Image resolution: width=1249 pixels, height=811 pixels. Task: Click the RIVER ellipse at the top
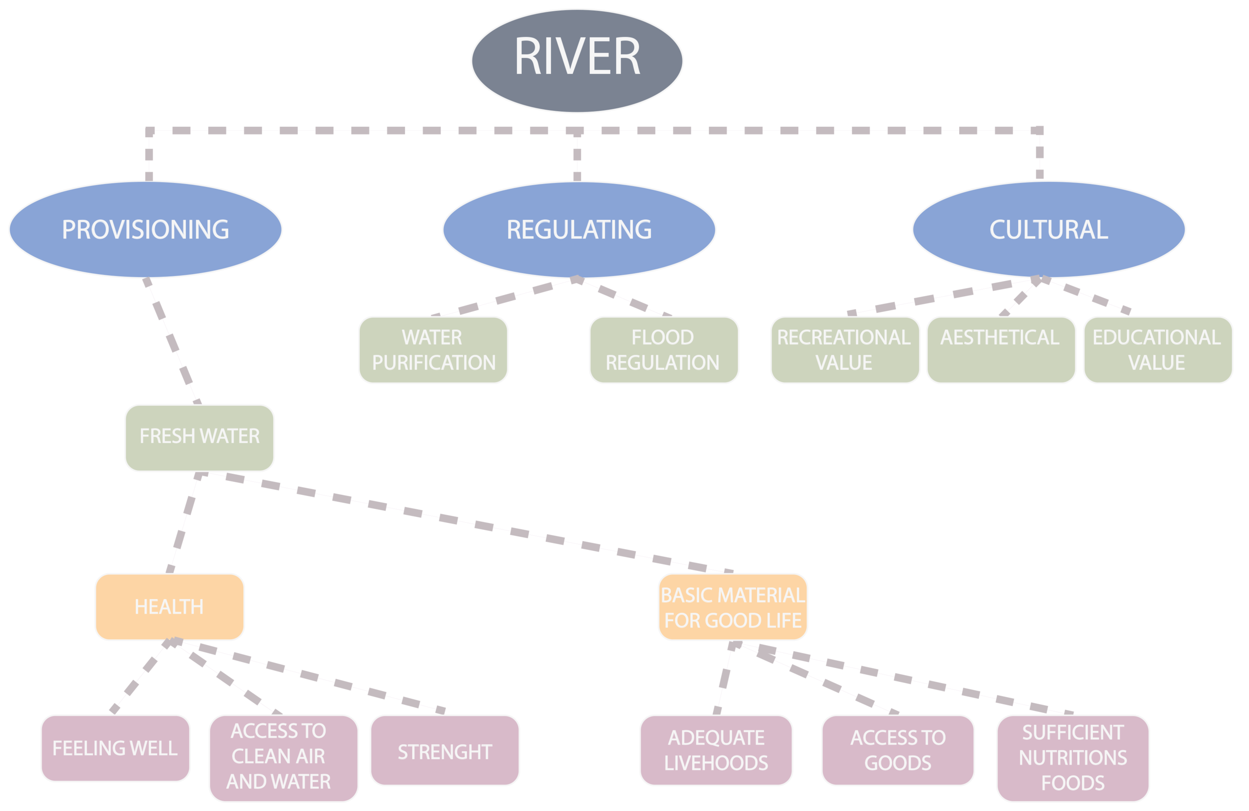pyautogui.click(x=577, y=61)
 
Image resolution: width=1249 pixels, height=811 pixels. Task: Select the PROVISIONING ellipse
pyautogui.click(x=145, y=229)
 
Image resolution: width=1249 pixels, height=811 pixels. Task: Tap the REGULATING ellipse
pyautogui.click(x=579, y=229)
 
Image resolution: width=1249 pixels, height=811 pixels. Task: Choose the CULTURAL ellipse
pyautogui.click(x=1048, y=229)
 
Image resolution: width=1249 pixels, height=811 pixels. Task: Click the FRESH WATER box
pyautogui.click(x=200, y=438)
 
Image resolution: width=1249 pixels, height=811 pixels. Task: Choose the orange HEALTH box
pyautogui.click(x=169, y=607)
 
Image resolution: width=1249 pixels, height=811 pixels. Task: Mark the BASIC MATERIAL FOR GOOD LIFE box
pyautogui.click(x=733, y=607)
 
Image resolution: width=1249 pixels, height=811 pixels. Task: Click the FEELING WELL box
pyautogui.click(x=116, y=748)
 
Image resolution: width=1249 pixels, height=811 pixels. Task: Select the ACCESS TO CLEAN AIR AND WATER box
pyautogui.click(x=283, y=758)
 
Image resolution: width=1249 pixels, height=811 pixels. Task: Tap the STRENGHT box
pyautogui.click(x=444, y=750)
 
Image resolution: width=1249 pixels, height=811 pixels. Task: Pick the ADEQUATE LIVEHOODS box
pyautogui.click(x=716, y=750)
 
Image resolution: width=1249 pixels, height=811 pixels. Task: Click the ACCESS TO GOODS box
pyautogui.click(x=898, y=750)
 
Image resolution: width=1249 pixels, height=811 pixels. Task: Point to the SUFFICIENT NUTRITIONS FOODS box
pyautogui.click(x=1073, y=758)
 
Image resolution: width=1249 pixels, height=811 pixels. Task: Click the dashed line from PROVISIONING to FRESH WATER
pyautogui.click(x=172, y=341)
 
